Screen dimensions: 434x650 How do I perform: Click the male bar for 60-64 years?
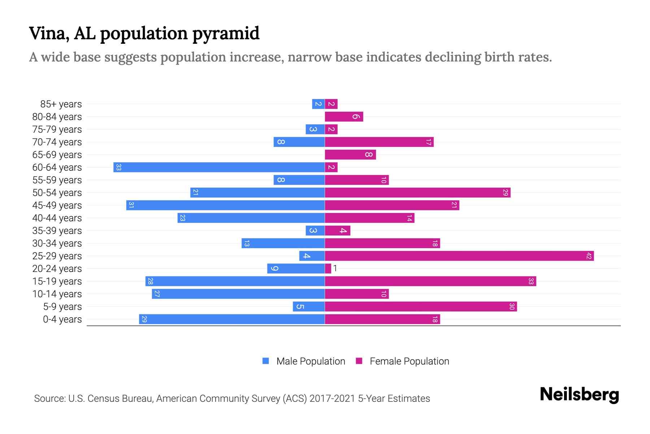(219, 167)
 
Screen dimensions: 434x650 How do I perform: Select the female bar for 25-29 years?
(459, 256)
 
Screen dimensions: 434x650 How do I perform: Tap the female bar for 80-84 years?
(344, 116)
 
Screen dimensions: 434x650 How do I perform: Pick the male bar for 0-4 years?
(232, 319)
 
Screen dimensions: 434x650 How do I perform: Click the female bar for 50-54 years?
(417, 193)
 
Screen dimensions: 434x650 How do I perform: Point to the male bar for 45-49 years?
(226, 205)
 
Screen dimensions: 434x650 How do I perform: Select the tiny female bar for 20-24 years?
(328, 268)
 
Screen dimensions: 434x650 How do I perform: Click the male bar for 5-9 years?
(309, 307)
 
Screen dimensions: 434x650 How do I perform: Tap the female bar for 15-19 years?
(430, 281)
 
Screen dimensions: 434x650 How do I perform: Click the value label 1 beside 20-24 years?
(335, 268)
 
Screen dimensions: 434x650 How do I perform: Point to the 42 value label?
(589, 256)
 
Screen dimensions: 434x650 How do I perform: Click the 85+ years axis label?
(61, 104)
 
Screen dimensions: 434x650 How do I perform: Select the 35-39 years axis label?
(57, 231)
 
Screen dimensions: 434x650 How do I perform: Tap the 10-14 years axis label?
(57, 294)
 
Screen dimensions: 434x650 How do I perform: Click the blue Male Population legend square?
(266, 361)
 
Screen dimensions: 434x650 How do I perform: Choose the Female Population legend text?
(409, 361)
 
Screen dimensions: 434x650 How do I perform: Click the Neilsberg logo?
(579, 395)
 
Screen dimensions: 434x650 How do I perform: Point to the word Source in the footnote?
(49, 399)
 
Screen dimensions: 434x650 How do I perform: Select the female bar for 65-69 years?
(350, 155)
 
